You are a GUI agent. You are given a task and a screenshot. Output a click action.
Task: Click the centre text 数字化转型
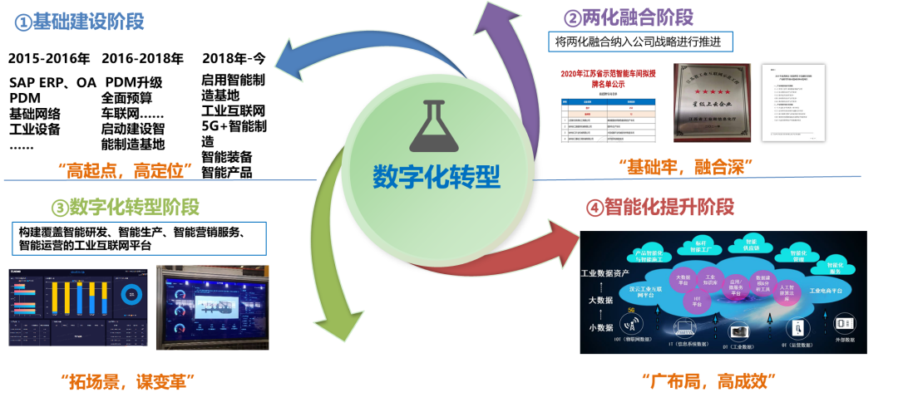tap(437, 175)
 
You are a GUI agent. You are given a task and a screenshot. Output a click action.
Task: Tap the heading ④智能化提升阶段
tap(660, 208)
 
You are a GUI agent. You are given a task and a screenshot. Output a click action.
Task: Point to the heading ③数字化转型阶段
tap(125, 207)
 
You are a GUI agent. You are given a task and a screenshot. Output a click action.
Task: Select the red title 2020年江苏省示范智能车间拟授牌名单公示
tap(608, 78)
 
